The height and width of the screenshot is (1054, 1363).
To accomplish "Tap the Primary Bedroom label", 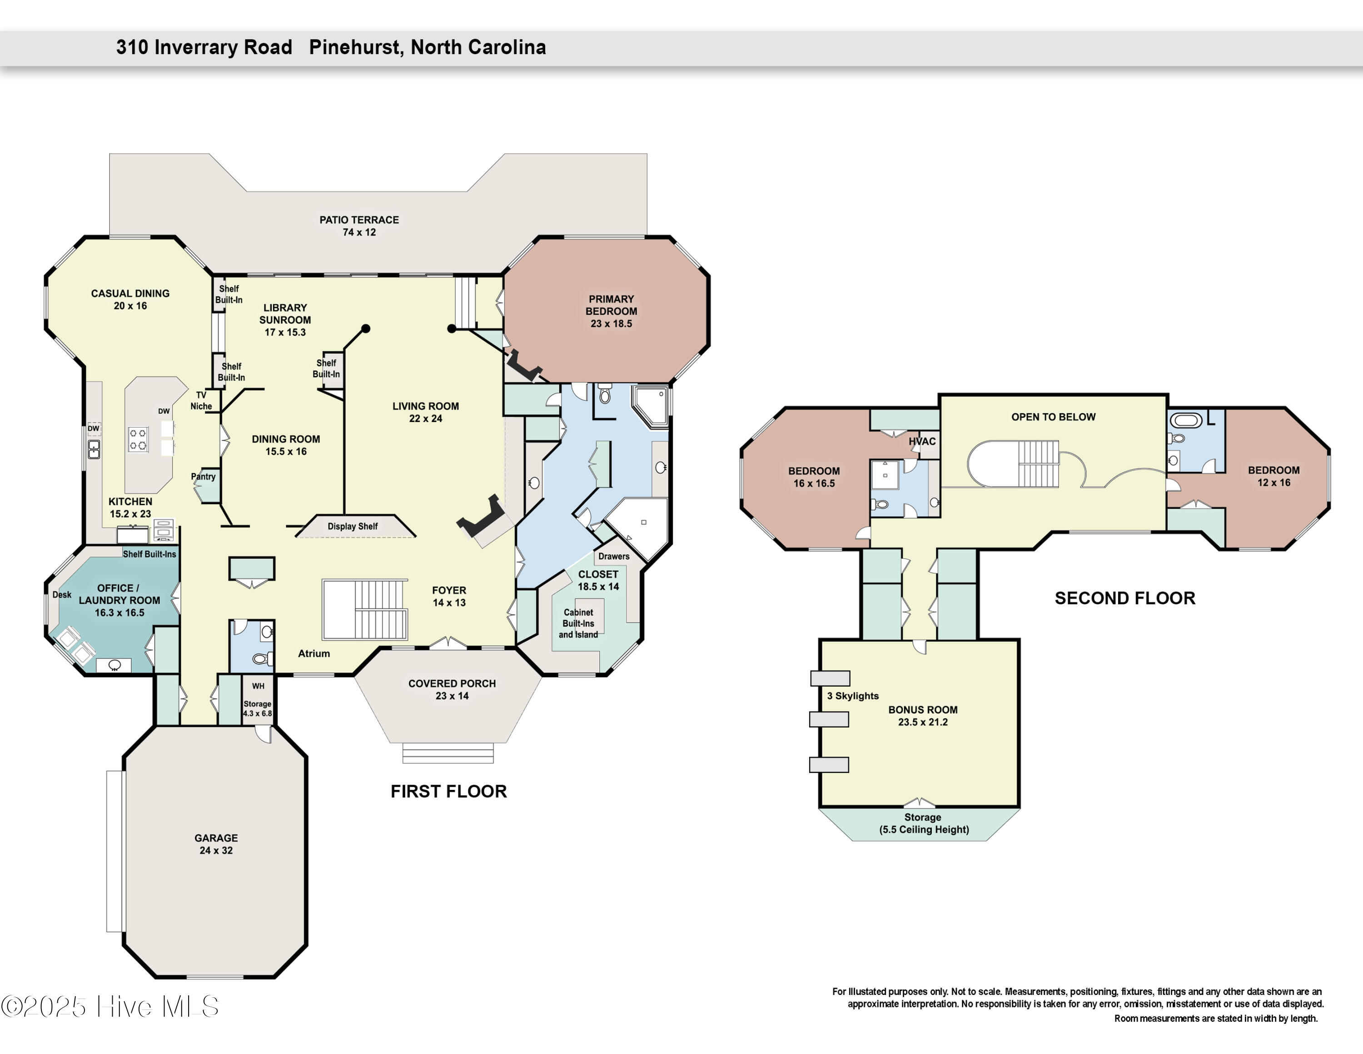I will [611, 311].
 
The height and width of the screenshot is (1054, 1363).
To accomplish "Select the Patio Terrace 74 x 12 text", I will [359, 226].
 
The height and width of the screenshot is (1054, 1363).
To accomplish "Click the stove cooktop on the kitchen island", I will [138, 439].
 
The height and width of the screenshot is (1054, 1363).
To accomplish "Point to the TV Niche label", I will [201, 400].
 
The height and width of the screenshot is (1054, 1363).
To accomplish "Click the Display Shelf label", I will [353, 527].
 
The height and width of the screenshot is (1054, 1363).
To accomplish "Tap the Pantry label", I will [204, 477].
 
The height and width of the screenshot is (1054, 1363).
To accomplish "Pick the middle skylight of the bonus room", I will [829, 719].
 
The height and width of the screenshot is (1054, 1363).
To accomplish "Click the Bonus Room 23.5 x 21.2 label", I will [922, 716].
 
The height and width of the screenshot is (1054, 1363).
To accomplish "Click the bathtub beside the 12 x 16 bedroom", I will [1185, 420].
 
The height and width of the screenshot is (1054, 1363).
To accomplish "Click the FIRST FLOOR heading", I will [449, 791].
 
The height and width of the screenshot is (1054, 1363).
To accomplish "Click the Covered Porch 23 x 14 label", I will [452, 689].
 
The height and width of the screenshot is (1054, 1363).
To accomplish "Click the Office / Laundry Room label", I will [119, 600].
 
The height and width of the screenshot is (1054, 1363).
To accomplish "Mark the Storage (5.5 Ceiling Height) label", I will [924, 823].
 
